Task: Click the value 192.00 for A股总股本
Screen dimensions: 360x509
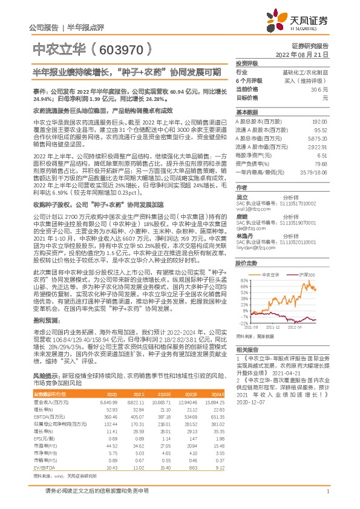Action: pyautogui.click(x=319, y=122)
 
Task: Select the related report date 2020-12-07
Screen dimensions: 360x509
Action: pyautogui.click(x=249, y=400)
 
